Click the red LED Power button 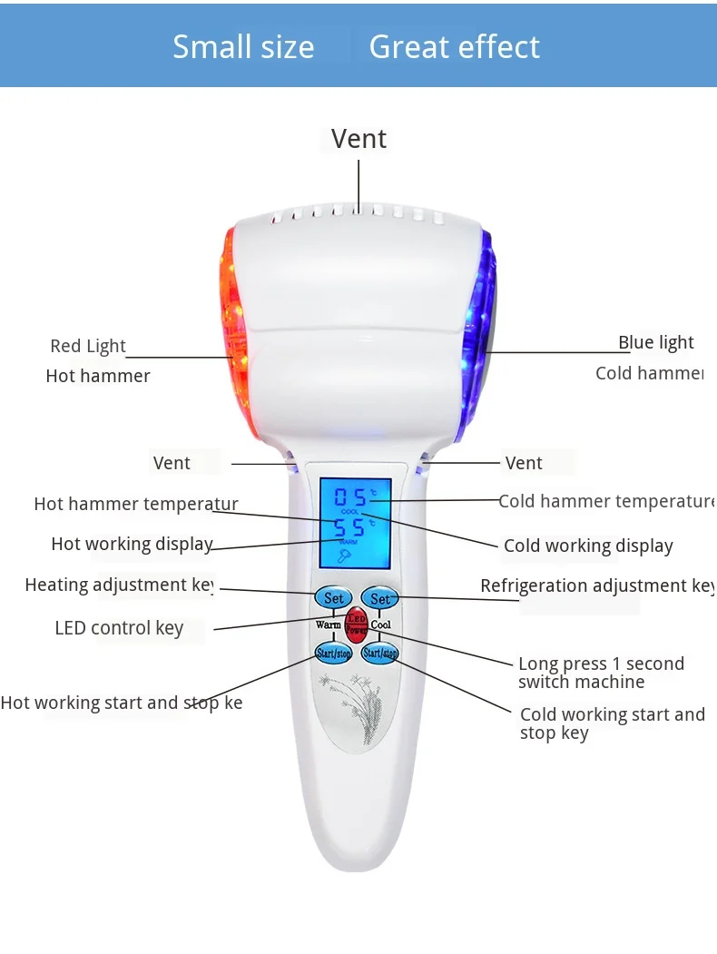point(356,625)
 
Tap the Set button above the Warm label point(333,598)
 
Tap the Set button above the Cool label point(380,598)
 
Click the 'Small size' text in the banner point(243,47)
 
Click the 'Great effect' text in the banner point(454,47)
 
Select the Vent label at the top point(358,139)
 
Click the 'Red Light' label point(88,346)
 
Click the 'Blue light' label point(655,342)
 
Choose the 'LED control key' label point(119,628)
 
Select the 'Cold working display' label point(588,546)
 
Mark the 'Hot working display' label point(132,544)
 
